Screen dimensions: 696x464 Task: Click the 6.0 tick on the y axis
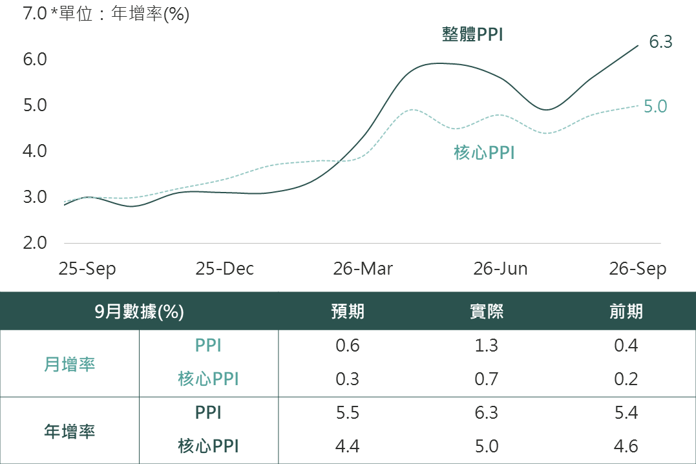35,59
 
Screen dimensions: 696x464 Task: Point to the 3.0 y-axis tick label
35,196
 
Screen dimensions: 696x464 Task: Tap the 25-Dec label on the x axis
225,269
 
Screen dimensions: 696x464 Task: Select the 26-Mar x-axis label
363,269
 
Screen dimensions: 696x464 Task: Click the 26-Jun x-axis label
500,269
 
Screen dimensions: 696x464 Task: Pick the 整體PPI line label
473,34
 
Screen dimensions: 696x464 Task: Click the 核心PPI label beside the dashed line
484,153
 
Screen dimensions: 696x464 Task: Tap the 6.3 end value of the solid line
660,42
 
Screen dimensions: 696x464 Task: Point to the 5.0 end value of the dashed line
655,107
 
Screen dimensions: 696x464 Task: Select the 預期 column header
348,311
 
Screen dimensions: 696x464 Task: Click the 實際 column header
487,311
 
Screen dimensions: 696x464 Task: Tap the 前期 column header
626,311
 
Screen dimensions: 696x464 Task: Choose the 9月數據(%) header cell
140,311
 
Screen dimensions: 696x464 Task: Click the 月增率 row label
70,364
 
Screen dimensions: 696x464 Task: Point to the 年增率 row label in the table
70,431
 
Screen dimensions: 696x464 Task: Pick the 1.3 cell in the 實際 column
487,346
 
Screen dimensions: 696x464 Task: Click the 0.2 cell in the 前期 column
626,379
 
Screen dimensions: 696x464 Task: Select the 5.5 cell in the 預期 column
348,413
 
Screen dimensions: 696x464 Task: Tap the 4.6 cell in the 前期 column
626,447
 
